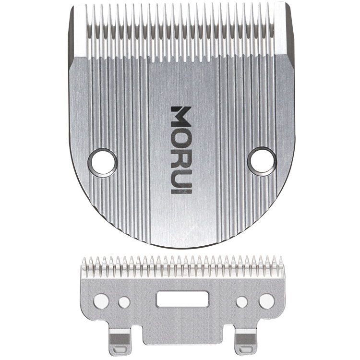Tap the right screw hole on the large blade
(263, 161)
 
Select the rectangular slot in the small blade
(182, 299)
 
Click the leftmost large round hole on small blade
(101, 301)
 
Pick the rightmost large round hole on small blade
(266, 301)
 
